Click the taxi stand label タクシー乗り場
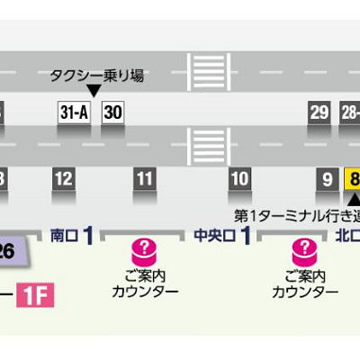point(97,76)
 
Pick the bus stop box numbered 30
point(112,112)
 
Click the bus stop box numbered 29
point(319,112)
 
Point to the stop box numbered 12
point(63,178)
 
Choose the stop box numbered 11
point(144,178)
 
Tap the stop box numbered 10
point(239,178)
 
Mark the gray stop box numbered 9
point(327,178)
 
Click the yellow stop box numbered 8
point(353,178)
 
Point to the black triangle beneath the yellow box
point(355,199)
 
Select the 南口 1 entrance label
point(72,236)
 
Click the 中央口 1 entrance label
point(221,236)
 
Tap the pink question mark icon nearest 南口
point(144,247)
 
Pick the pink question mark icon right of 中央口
point(304,247)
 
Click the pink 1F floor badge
point(35,294)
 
